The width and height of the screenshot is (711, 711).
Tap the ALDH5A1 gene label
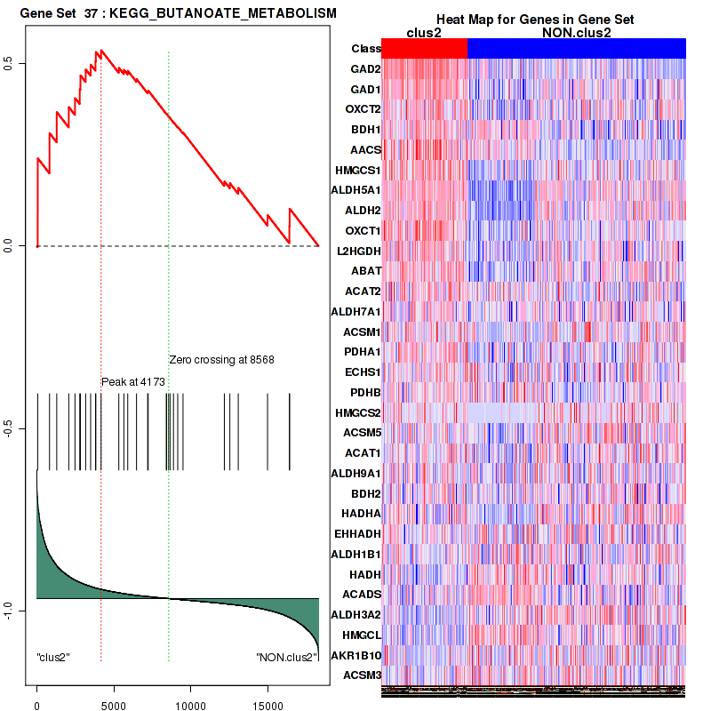point(355,190)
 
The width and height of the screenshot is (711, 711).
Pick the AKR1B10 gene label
point(357,655)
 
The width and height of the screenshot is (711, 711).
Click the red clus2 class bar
point(424,49)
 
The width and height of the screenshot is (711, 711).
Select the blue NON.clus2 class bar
point(576,49)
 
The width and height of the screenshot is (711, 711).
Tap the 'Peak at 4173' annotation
point(133,381)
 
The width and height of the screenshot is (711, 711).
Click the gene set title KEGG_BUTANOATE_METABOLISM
point(172,13)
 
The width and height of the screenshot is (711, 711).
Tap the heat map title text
point(534,20)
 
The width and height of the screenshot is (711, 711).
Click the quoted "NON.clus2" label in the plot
point(285,657)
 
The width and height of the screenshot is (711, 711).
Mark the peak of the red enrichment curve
point(100,51)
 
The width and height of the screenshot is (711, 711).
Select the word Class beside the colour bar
point(366,49)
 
